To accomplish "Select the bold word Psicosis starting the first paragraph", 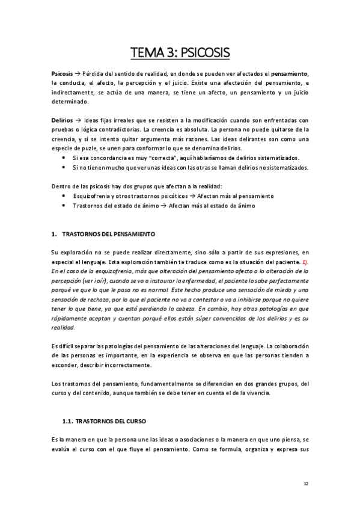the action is click(x=62, y=73).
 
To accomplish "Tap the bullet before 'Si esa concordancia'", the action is click(x=64, y=158).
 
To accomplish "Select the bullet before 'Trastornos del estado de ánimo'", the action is click(x=64, y=206).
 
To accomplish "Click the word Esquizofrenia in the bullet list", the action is click(x=92, y=196).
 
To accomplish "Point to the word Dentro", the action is click(x=61, y=186).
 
